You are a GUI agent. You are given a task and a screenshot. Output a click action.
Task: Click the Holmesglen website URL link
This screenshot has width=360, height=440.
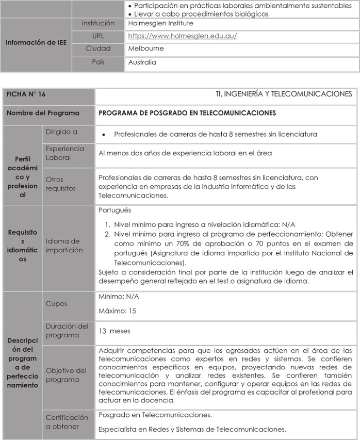(182, 36)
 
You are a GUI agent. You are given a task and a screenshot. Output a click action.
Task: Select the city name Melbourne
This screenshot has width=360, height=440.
(146, 48)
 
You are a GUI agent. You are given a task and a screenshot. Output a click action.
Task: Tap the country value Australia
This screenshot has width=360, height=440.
(142, 62)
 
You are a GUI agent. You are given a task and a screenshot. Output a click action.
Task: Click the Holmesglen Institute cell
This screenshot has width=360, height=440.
(160, 23)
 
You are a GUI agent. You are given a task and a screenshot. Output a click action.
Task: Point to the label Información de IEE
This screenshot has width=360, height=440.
(36, 42)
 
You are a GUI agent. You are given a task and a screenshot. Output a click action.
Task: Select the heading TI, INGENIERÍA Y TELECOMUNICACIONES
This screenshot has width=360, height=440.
(284, 94)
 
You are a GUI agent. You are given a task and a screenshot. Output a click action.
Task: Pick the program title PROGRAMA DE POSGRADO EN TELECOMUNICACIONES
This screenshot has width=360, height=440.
(187, 113)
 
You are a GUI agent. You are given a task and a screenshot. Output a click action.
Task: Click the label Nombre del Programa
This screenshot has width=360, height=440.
(42, 113)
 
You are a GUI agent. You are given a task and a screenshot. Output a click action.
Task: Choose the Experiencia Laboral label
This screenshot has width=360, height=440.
(64, 153)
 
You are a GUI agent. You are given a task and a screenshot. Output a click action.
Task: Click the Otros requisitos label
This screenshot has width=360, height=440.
(60, 184)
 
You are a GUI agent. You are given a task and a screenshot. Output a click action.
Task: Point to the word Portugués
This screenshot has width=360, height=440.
(114, 210)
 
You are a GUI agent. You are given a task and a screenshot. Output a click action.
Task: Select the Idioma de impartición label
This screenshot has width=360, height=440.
(64, 246)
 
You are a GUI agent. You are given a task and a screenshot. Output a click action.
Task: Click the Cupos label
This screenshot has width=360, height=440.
(56, 304)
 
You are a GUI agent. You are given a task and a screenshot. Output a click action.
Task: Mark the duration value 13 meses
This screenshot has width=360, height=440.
(114, 331)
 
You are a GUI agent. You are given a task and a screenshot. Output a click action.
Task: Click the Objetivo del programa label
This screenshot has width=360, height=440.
(66, 375)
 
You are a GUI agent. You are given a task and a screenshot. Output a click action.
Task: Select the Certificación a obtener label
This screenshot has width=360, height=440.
(67, 421)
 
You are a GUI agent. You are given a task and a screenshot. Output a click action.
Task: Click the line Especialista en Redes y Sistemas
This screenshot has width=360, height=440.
(192, 429)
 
